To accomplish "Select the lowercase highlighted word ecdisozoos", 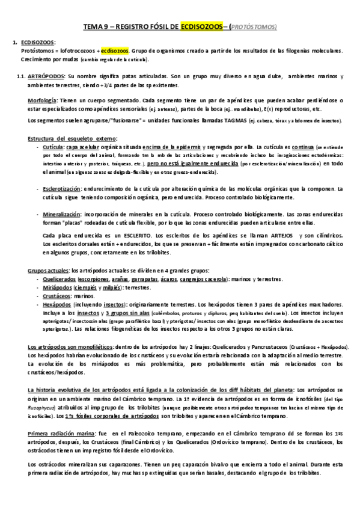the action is coord(114,51).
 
